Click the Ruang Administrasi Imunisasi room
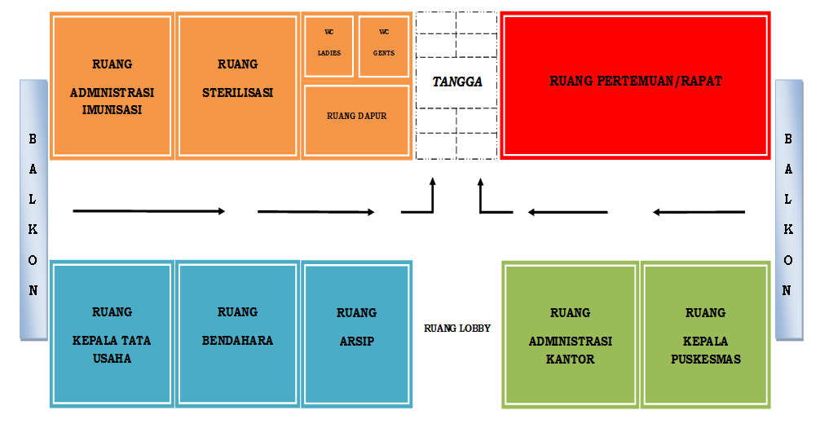coord(112,86)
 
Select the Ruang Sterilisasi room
coord(237,86)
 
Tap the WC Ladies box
coord(328,46)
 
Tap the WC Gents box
coord(384,46)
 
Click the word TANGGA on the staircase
coord(457,82)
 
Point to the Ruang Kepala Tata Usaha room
coord(112,334)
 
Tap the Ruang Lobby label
coord(457,329)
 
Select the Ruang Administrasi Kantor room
coord(571,334)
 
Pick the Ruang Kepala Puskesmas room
coord(705,334)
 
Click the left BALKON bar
coord(33,210)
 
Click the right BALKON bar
coord(788,210)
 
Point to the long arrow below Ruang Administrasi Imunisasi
coord(148,211)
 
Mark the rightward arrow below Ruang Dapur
coord(315,212)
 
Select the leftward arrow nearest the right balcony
coord(699,213)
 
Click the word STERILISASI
coord(237,93)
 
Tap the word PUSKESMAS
coord(705,359)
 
